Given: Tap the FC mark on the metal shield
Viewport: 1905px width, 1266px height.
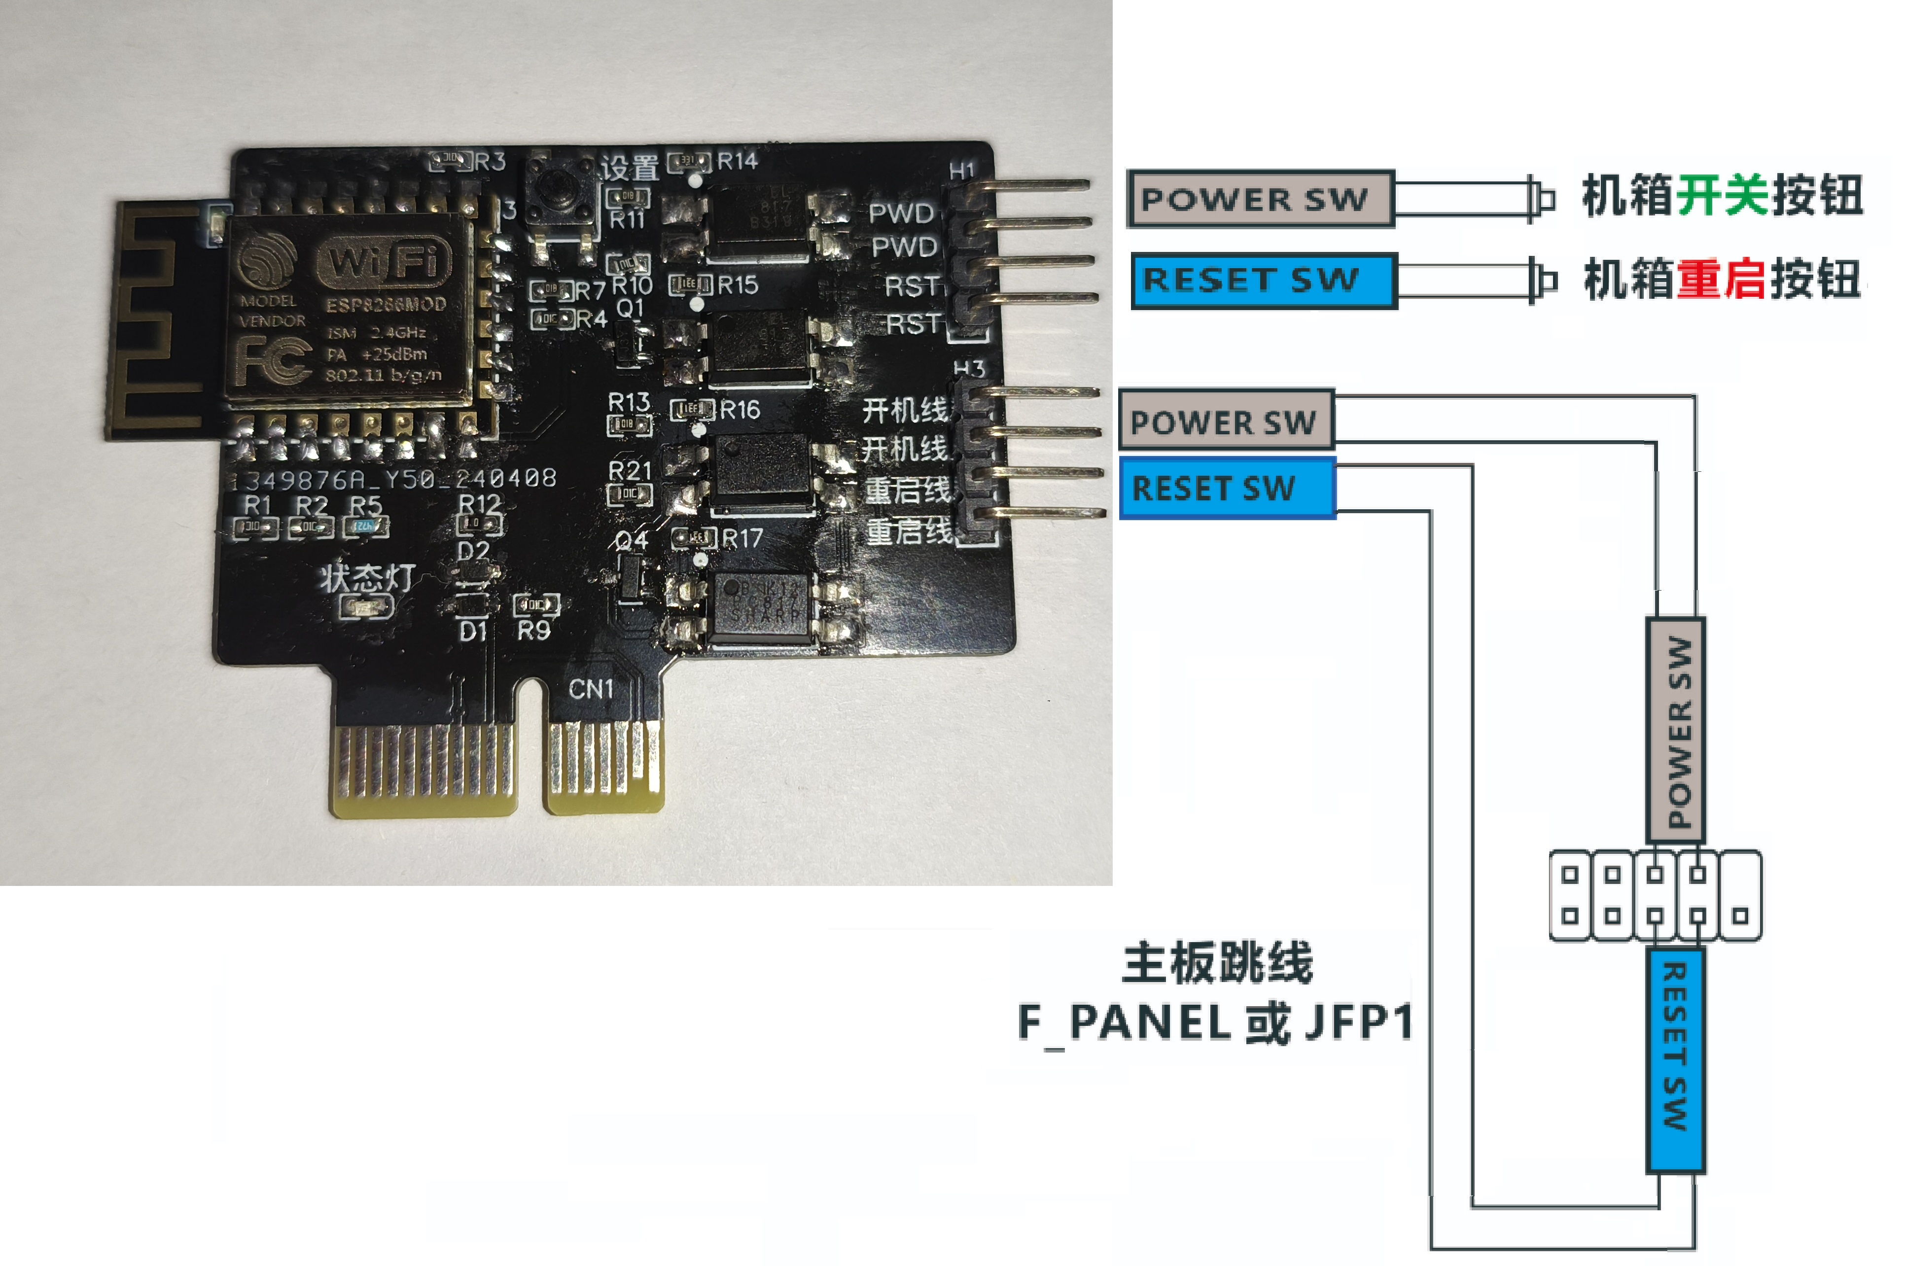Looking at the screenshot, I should [x=273, y=359].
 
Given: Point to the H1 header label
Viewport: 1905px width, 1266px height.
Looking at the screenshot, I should [x=961, y=171].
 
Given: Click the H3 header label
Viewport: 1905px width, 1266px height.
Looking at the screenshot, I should [x=969, y=369].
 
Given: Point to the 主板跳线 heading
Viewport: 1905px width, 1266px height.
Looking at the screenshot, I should [x=1217, y=962].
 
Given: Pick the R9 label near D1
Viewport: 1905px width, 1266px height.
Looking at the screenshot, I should [x=533, y=630].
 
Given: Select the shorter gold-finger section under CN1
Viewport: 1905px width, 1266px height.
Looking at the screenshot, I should [x=604, y=763].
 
